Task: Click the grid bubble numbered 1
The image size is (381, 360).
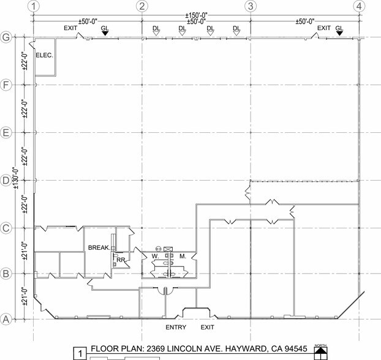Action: tap(34, 6)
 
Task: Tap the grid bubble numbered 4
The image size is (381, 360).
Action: tap(359, 6)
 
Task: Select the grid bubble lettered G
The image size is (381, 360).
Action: tap(6, 37)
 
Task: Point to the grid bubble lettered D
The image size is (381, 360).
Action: tap(6, 181)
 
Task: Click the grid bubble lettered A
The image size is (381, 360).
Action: tap(6, 319)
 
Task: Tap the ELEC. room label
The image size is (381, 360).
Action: tap(44, 55)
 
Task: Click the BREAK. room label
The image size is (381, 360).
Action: tap(99, 248)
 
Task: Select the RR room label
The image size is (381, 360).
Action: tap(121, 260)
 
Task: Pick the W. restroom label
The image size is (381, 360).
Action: tap(155, 256)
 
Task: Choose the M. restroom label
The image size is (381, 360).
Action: tap(183, 256)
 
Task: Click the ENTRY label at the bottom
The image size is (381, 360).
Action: tap(176, 327)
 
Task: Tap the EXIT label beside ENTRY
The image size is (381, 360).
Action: tap(207, 327)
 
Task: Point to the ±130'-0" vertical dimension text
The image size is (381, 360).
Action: tap(16, 178)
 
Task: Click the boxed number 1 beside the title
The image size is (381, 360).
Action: tap(80, 353)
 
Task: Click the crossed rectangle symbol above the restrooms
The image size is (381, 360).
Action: tap(168, 249)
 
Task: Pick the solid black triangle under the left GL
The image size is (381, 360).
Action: tap(105, 34)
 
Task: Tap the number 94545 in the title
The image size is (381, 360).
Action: tap(296, 348)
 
